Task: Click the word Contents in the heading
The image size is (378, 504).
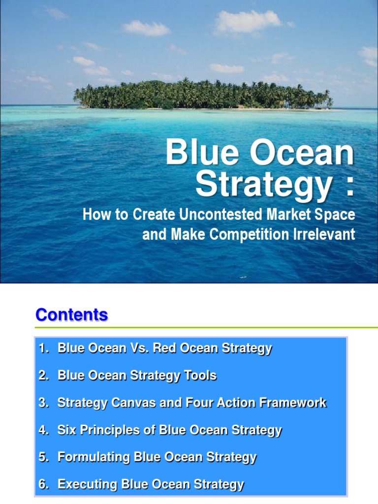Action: coord(72,315)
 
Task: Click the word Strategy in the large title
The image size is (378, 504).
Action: coord(263,185)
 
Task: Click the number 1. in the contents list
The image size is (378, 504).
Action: coord(44,348)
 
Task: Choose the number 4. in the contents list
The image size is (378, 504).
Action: coord(44,430)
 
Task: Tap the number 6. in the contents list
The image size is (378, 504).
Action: coord(44,484)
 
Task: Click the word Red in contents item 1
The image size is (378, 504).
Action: coord(162,348)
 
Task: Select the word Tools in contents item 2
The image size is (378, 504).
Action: coord(200,376)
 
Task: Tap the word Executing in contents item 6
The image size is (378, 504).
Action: coord(83,484)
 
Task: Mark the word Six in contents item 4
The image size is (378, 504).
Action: coord(66,430)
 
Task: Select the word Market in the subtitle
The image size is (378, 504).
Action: coord(290,215)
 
